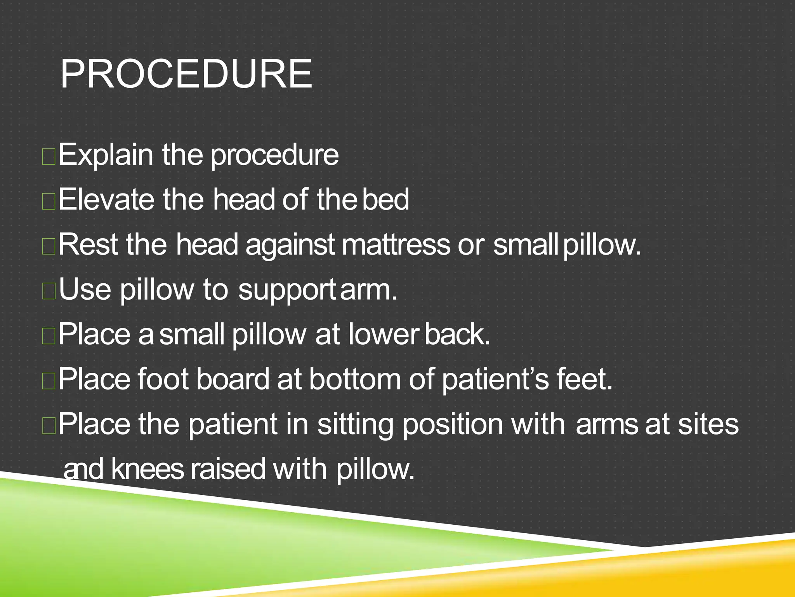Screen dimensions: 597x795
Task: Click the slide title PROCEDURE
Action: pos(186,74)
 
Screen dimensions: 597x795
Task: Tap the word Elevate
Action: pos(106,199)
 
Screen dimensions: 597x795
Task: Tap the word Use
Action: pos(85,290)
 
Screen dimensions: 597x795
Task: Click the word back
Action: pos(457,335)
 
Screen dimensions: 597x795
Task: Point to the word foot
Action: pos(163,379)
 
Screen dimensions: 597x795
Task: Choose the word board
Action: pos(233,379)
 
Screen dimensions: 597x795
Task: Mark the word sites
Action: pos(708,424)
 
